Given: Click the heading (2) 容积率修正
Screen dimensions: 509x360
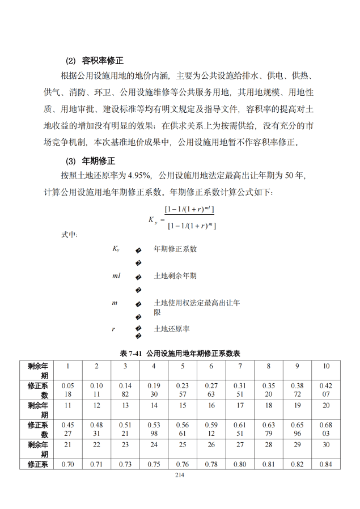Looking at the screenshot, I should [x=95, y=61].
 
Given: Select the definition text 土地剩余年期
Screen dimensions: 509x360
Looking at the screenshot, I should [x=175, y=275].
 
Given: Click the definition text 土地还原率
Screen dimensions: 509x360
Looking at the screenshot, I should [x=172, y=329].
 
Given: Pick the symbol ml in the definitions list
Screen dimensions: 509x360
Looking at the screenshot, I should [x=116, y=275].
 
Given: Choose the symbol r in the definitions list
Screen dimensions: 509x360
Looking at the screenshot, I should [x=113, y=329].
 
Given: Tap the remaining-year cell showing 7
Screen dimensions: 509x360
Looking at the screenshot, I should [x=240, y=366].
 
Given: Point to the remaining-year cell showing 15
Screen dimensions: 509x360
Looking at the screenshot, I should [x=183, y=405].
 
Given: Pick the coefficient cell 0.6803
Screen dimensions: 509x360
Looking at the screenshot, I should [x=326, y=429].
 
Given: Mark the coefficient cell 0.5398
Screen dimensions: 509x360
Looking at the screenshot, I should [x=154, y=429].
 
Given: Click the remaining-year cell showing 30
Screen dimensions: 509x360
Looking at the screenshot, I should [x=326, y=444].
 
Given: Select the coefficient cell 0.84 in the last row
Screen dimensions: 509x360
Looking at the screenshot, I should [x=326, y=464].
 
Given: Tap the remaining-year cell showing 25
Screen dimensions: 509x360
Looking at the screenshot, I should [x=183, y=444].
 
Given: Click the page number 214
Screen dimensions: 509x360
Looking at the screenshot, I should [x=180, y=474].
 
